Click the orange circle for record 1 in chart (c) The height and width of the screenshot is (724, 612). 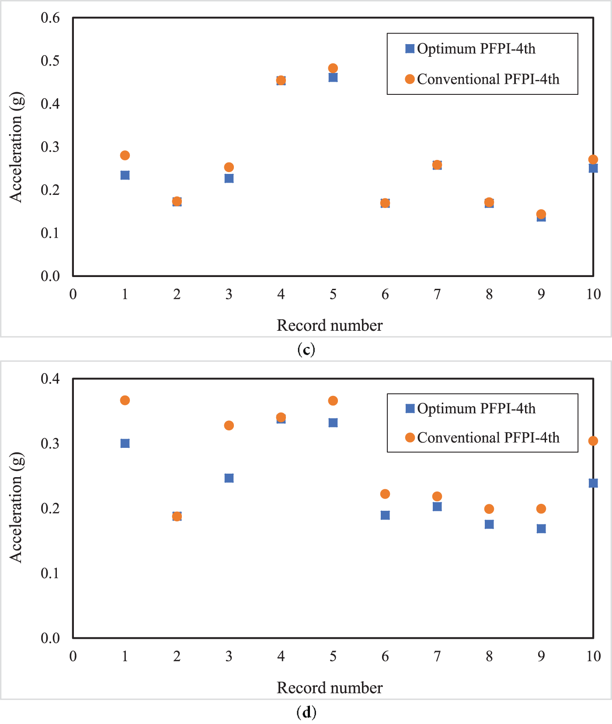pos(125,156)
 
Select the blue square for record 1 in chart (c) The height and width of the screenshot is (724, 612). pos(125,175)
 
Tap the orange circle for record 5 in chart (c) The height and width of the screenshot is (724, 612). pos(333,68)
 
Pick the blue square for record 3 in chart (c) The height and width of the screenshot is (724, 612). pos(229,178)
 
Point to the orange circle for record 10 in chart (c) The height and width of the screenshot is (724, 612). pos(593,159)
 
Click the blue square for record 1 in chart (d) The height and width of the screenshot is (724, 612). pos(125,443)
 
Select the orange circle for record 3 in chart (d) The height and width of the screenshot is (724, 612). pos(229,426)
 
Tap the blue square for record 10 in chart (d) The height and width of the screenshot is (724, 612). pos(593,483)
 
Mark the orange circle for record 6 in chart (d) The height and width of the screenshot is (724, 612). pos(385,494)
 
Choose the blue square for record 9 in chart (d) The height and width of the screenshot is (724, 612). pos(541,529)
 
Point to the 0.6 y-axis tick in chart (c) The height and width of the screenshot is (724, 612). pos(50,18)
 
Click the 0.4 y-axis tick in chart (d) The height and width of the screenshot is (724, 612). pos(50,378)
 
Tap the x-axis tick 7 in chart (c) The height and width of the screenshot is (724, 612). pos(437,294)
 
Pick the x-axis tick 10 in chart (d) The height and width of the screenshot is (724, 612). pos(593,656)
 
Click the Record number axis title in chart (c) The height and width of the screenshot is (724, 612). pos(330,326)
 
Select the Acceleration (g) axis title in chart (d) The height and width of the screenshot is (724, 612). pos(16,507)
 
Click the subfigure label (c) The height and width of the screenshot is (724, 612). pos(306,350)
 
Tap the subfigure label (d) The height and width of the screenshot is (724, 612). pos(306,712)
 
